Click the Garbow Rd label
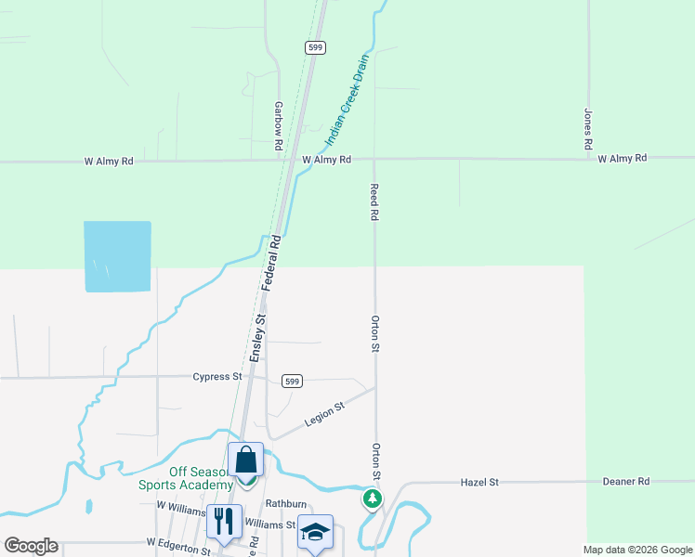click(x=278, y=127)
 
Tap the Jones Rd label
click(x=587, y=130)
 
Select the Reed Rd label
click(x=374, y=201)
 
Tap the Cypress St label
click(x=217, y=377)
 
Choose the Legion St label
click(x=324, y=414)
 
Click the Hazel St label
click(x=480, y=483)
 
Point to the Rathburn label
click(x=285, y=504)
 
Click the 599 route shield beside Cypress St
click(x=292, y=381)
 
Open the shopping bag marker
click(x=246, y=460)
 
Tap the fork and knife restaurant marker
click(x=224, y=522)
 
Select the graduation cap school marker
click(x=315, y=532)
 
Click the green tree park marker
click(x=372, y=499)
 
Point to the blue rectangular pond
click(x=117, y=256)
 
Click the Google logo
click(x=31, y=546)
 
